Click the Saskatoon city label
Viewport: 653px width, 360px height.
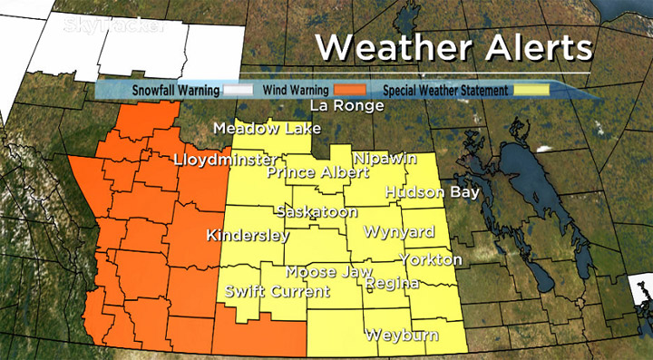(315, 212)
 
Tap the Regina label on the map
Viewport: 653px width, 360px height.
(392, 284)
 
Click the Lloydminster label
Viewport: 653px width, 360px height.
(224, 160)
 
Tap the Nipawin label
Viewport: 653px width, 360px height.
(385, 158)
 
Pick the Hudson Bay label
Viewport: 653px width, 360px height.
(427, 192)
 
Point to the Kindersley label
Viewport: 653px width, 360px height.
(248, 236)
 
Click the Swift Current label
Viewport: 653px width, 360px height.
(278, 292)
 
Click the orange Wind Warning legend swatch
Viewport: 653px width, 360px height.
(347, 90)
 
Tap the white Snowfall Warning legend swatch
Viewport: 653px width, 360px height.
(239, 90)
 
